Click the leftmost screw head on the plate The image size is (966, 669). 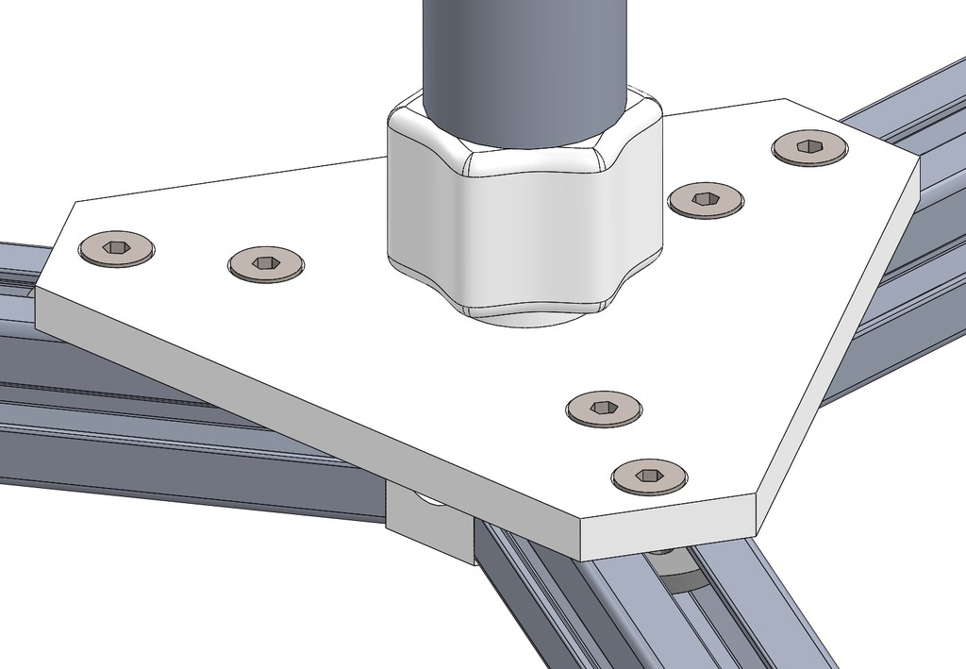pyautogui.click(x=116, y=248)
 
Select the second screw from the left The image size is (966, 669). pyautogui.click(x=266, y=264)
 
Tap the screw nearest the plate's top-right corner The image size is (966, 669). pyautogui.click(x=809, y=147)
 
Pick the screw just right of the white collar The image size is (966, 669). pyautogui.click(x=705, y=199)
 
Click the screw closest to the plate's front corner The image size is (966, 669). pyautogui.click(x=649, y=476)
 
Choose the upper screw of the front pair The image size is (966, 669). pyautogui.click(x=604, y=408)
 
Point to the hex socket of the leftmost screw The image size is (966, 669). pyautogui.click(x=116, y=247)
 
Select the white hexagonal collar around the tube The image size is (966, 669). pyautogui.click(x=524, y=208)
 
